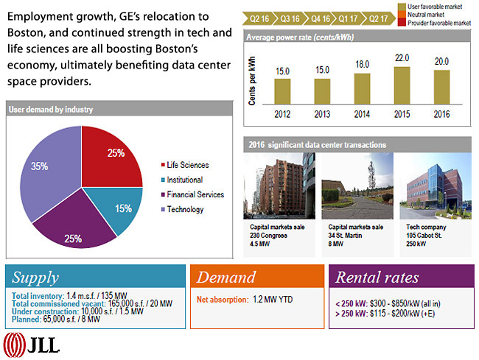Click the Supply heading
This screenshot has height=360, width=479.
tap(36, 278)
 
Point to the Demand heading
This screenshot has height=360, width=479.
tap(226, 278)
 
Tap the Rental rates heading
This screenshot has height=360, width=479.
tap(377, 278)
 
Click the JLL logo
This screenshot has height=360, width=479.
tap(32, 345)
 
